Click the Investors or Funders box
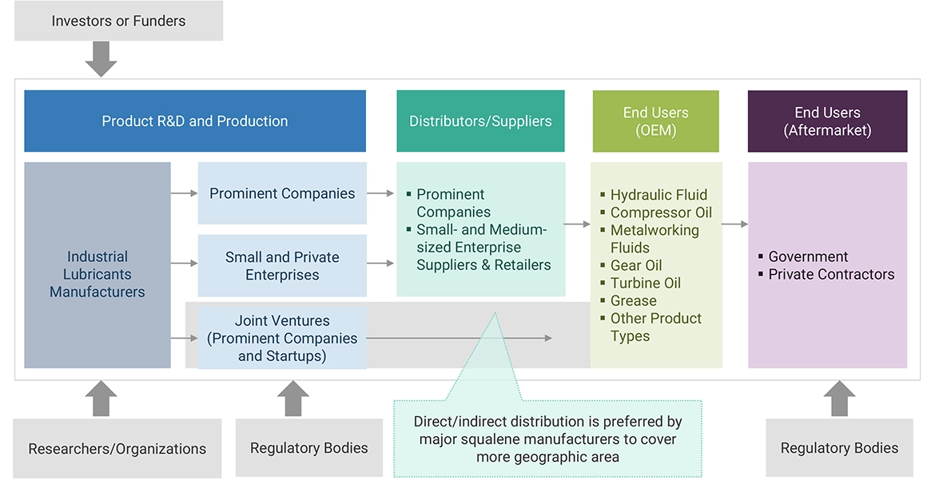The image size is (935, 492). [x=118, y=22]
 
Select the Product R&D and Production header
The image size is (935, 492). [x=195, y=121]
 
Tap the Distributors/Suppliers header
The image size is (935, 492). [x=480, y=121]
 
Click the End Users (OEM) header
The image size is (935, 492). [x=655, y=121]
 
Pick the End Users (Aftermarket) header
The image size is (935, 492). [x=827, y=121]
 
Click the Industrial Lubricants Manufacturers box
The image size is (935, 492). [x=97, y=274]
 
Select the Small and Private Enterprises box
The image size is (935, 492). [x=282, y=266]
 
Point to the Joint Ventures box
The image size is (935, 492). [x=282, y=338]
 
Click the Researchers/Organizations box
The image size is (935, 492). [x=117, y=449]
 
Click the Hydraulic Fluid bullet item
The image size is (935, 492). [x=658, y=195]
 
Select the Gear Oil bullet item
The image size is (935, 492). [x=636, y=265]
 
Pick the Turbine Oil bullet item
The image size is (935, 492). [x=646, y=283]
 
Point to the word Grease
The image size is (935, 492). [x=634, y=300]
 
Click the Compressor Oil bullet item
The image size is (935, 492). [x=661, y=212]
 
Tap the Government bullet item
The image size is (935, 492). [x=808, y=256]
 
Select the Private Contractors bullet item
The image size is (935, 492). [x=831, y=274]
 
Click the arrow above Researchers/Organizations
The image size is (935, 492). [x=101, y=398]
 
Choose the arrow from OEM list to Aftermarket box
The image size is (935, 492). [x=734, y=224]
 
